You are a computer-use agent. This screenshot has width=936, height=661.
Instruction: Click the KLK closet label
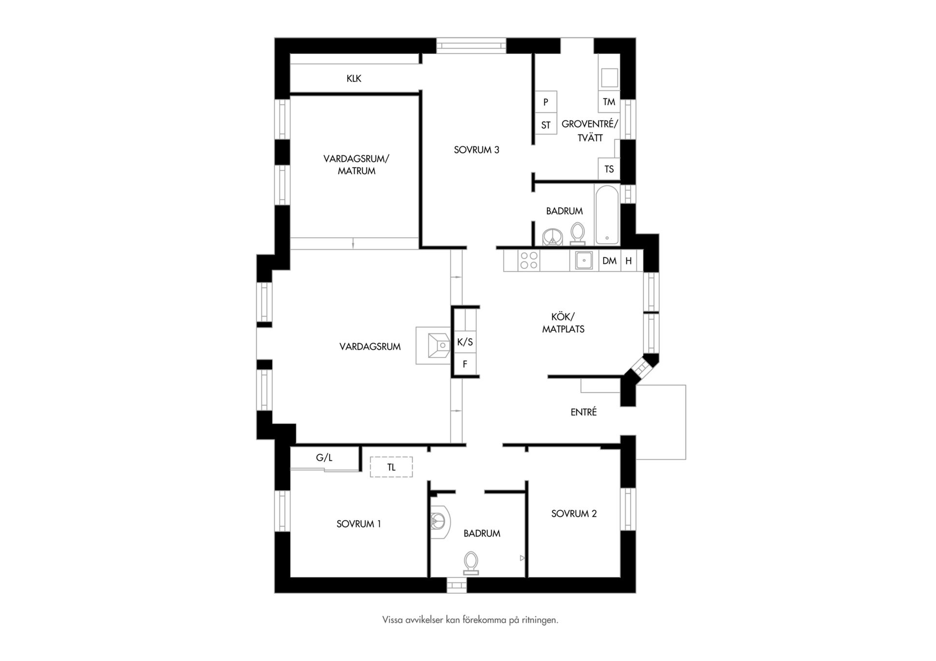(354, 78)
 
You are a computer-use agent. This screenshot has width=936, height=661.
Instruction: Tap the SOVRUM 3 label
(476, 150)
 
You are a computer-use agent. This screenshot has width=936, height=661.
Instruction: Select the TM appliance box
(609, 102)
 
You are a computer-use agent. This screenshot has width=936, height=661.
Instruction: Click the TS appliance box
(609, 169)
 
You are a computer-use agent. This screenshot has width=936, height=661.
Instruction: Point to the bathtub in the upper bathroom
(607, 215)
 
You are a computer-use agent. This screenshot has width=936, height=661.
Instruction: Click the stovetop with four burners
(529, 260)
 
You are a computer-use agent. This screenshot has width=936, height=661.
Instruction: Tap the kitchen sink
(584, 260)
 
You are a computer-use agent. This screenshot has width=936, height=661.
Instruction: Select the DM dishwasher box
(609, 261)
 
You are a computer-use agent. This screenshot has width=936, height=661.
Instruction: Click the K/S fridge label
(465, 342)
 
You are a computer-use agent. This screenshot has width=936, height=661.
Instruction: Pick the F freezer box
(465, 364)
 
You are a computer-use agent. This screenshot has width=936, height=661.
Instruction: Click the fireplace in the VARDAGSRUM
(433, 345)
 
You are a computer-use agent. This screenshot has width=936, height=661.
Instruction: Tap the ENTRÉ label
(584, 412)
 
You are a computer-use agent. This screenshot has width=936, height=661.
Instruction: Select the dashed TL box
(391, 467)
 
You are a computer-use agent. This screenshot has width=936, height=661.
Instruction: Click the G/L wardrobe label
(324, 458)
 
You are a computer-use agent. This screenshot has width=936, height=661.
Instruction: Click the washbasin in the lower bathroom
(440, 522)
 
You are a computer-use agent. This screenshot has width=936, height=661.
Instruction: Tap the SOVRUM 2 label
(574, 513)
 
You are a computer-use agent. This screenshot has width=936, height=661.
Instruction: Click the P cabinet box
(546, 102)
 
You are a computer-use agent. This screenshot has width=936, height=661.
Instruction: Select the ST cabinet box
(546, 125)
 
